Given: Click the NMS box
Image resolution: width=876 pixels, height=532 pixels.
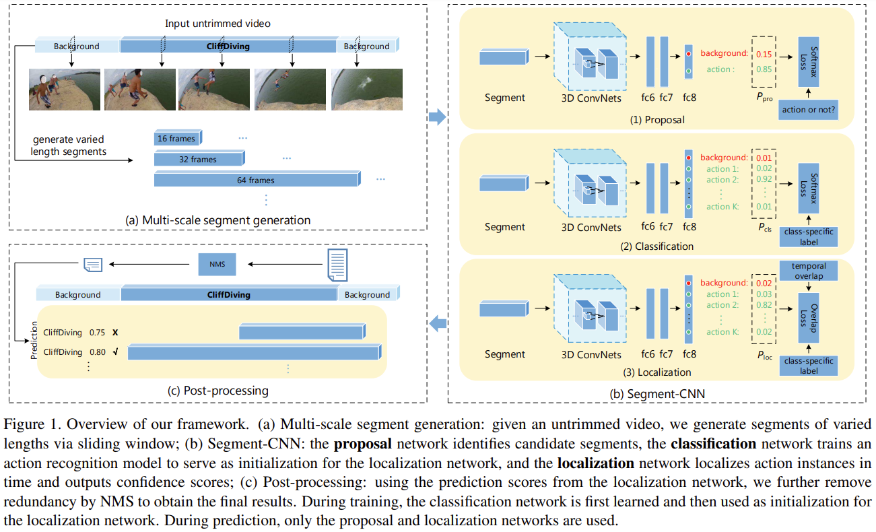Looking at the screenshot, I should (217, 265).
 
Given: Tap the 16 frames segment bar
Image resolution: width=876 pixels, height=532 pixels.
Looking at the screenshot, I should (176, 139).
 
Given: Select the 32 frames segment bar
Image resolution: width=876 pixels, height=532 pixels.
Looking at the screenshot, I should (197, 159).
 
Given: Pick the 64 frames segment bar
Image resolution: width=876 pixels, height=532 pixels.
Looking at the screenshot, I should (255, 180).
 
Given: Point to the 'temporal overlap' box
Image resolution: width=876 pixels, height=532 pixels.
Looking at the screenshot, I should (809, 270).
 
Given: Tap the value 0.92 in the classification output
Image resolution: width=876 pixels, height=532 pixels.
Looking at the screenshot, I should (764, 180).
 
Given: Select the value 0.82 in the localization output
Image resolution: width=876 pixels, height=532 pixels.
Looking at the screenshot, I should (764, 306).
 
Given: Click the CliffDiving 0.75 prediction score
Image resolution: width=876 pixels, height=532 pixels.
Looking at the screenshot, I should (97, 333).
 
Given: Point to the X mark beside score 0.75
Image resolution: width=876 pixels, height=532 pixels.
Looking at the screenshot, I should (115, 333).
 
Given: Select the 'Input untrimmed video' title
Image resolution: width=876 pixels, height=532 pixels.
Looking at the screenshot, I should (217, 24).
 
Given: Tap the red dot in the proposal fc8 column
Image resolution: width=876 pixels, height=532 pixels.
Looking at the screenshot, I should (687, 54).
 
